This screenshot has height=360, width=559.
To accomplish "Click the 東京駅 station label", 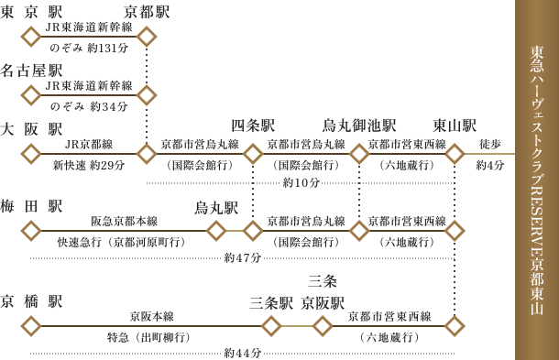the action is (31, 12).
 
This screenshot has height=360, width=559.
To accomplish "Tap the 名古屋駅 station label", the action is (31, 71).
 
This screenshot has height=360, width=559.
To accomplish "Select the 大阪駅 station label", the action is (31, 129).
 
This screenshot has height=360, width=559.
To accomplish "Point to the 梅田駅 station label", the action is (31, 206).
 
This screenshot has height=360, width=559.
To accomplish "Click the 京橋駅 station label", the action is (31, 301).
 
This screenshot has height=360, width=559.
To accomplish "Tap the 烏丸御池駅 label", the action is (359, 125).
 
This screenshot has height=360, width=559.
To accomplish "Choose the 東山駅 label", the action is (455, 125).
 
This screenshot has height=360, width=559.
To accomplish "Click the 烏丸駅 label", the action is (216, 208).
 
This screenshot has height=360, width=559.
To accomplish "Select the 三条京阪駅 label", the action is (323, 293).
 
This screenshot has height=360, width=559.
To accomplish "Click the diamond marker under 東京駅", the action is (31, 37).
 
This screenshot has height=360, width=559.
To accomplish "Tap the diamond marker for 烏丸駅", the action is (216, 231).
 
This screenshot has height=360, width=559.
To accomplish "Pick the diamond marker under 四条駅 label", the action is (253, 154).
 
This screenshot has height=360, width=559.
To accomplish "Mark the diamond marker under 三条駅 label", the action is (271, 326).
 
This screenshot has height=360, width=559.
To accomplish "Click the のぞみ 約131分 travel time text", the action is (89, 49).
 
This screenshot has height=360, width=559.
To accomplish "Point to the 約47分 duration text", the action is (243, 257).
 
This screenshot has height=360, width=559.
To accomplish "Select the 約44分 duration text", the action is (243, 354).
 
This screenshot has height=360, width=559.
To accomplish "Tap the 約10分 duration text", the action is (301, 183).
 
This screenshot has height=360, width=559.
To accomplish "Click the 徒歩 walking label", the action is (490, 145).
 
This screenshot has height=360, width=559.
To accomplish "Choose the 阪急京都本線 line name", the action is (124, 222).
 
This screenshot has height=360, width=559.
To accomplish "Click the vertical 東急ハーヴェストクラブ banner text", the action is (537, 180).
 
